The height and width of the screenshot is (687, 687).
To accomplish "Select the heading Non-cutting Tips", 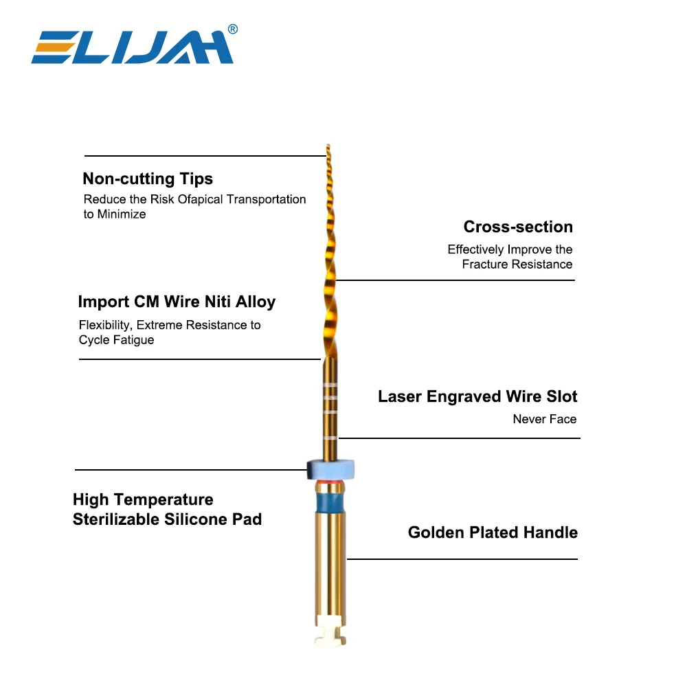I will tap(148, 179).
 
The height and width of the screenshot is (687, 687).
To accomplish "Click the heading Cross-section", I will tap(518, 227).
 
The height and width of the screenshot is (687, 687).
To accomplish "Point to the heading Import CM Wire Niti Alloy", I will tap(177, 302).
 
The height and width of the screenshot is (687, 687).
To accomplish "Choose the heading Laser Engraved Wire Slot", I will tap(477, 396).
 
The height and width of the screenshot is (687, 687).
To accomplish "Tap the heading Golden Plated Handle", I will tap(493, 532).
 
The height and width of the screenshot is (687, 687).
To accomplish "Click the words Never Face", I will tap(545, 419).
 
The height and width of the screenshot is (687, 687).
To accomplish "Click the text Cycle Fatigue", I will tap(116, 340).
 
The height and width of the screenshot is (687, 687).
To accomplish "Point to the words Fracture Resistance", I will tap(517, 264).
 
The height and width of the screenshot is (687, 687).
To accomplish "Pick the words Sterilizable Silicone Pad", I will tap(167, 519).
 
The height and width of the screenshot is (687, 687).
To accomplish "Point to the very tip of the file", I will tap(328, 146).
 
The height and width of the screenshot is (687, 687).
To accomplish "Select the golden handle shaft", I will tap(328, 563).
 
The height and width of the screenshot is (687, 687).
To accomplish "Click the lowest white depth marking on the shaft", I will tap(330, 438).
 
